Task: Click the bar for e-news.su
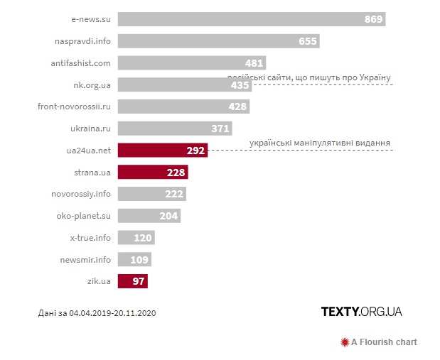pyautogui.click(x=251, y=19)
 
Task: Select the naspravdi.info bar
pyautogui.click(x=218, y=41)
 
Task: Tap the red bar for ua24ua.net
pyautogui.click(x=162, y=151)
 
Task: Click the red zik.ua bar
pyautogui.click(x=133, y=281)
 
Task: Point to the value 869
pyautogui.click(x=374, y=19)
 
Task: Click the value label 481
pyautogui.click(x=254, y=63)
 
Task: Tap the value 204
pyautogui.click(x=168, y=216)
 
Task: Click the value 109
pyautogui.click(x=139, y=260)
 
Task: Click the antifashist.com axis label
pyautogui.click(x=81, y=63)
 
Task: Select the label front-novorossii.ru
pyautogui.click(x=75, y=107)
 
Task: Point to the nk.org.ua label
pyautogui.click(x=92, y=85)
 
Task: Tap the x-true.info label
pyautogui.click(x=90, y=238)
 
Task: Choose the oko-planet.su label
pyautogui.click(x=84, y=216)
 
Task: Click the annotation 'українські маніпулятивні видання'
pyautogui.click(x=320, y=143)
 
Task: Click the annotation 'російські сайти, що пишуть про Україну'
pyautogui.click(x=310, y=77)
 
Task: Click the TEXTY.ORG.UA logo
pyautogui.click(x=361, y=312)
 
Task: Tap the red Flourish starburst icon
pyautogui.click(x=345, y=342)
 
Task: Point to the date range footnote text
pyautogui.click(x=96, y=312)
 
